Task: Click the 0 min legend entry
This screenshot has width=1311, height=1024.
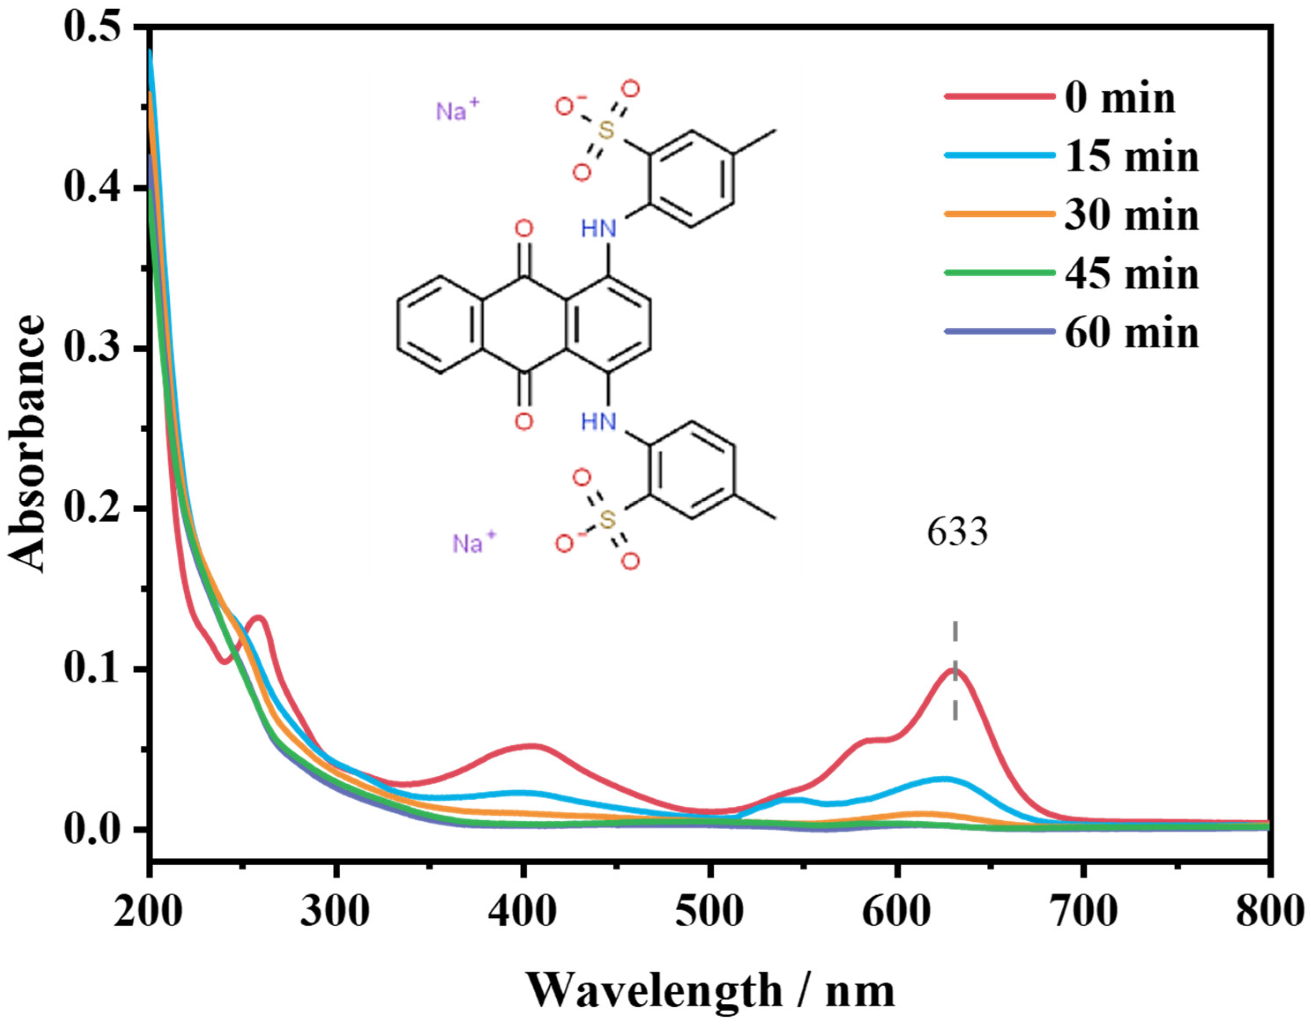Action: [x=1120, y=98]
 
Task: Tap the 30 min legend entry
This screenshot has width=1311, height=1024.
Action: [x=1132, y=215]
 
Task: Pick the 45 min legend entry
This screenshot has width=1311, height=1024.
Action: [x=1132, y=274]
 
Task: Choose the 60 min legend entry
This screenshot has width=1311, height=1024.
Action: [x=1132, y=332]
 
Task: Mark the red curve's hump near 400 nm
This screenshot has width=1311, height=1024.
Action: [x=533, y=747]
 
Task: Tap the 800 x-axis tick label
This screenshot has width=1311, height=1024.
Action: [x=1266, y=912]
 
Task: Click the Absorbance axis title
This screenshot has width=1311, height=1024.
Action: [x=27, y=444]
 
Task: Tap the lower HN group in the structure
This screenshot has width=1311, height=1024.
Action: [x=599, y=421]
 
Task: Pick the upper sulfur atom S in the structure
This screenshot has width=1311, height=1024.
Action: [x=607, y=130]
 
